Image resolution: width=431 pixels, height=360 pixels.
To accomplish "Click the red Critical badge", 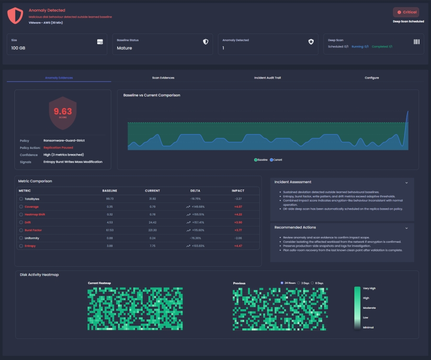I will pyautogui.click(x=406, y=12).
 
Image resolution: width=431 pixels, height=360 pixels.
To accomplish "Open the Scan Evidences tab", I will pyautogui.click(x=163, y=78).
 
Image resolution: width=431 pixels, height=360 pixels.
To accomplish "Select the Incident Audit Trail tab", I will pyautogui.click(x=267, y=78).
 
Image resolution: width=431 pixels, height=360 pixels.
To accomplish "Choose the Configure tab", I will pyautogui.click(x=372, y=78).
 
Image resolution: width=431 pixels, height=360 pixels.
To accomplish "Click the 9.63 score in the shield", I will pyautogui.click(x=63, y=112).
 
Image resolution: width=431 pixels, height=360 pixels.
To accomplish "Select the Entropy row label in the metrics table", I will pyautogui.click(x=30, y=246).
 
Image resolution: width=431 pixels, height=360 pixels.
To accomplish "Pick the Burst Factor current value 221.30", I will pyautogui.click(x=152, y=230).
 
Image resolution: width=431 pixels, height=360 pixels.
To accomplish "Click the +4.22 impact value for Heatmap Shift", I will pyautogui.click(x=238, y=214).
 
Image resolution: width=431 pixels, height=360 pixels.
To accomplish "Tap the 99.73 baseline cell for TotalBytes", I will pyautogui.click(x=110, y=199).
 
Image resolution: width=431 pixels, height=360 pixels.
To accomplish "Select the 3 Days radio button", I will pyautogui.click(x=299, y=283).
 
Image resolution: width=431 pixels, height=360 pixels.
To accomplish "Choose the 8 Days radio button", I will pyautogui.click(x=312, y=283).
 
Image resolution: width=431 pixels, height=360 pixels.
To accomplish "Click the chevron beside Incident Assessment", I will pyautogui.click(x=407, y=182).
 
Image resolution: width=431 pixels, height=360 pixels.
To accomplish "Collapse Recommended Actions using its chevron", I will pyautogui.click(x=407, y=228).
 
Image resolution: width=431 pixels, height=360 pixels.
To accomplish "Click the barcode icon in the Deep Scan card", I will pyautogui.click(x=416, y=42).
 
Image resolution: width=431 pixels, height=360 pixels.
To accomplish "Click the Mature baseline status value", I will pyautogui.click(x=125, y=48).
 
